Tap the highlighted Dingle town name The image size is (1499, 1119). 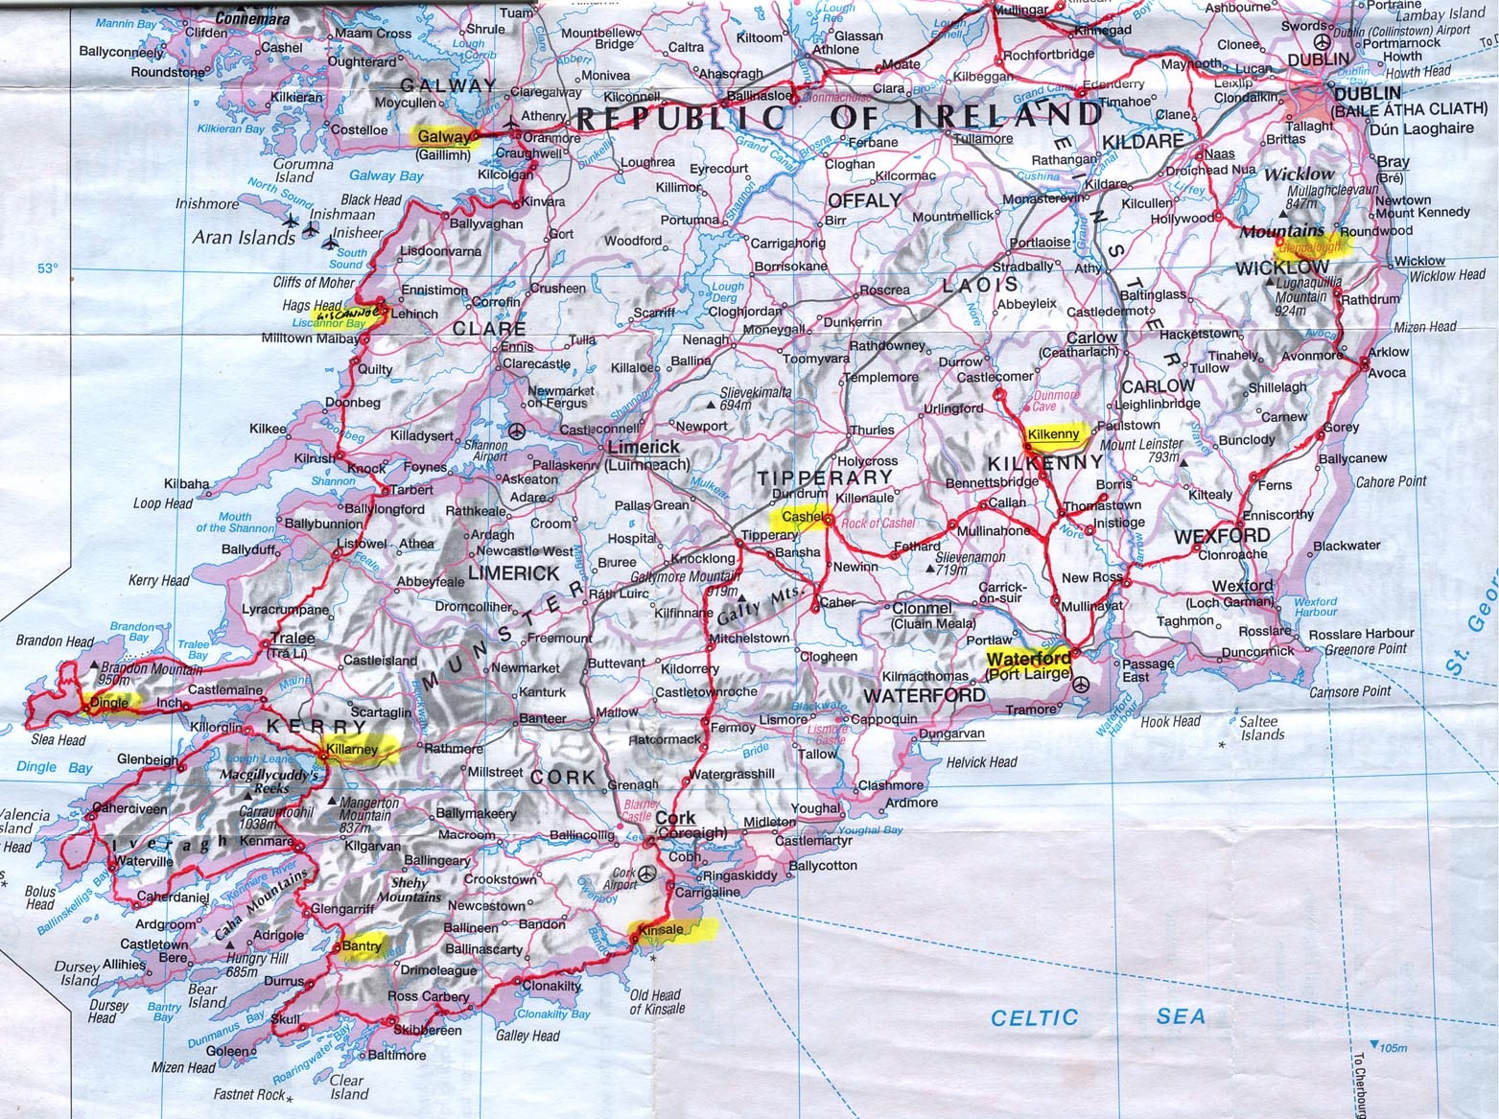pos(107,702)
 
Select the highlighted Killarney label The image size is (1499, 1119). pos(354,748)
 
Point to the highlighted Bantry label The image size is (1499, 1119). pos(361,945)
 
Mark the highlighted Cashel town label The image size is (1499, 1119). pos(803,517)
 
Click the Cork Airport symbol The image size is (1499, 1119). pos(647,874)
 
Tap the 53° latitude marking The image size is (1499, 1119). pos(48,269)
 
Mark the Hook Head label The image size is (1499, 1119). pos(1170,721)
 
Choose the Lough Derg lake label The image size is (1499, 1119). pos(728,291)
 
